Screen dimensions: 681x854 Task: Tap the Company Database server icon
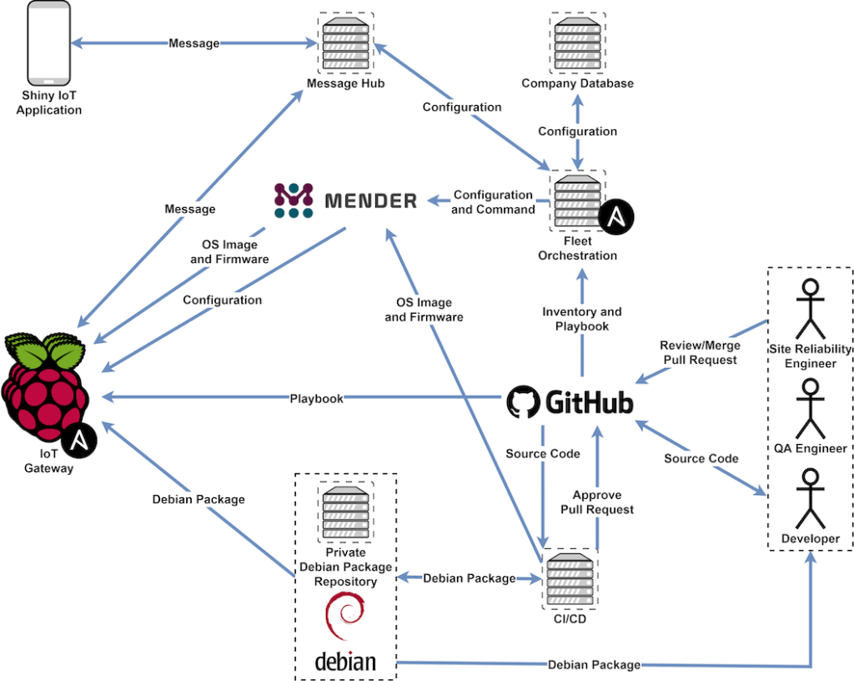click(577, 43)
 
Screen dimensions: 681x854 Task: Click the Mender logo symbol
click(294, 201)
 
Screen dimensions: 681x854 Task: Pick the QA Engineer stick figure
click(809, 409)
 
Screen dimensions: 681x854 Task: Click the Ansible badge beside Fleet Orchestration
click(616, 217)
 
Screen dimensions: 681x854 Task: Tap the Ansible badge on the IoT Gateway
click(80, 440)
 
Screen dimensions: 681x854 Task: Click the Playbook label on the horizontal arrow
click(316, 399)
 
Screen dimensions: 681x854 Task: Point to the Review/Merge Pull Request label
click(699, 352)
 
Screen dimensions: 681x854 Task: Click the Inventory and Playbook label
click(582, 319)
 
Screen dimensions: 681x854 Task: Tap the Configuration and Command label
click(493, 202)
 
